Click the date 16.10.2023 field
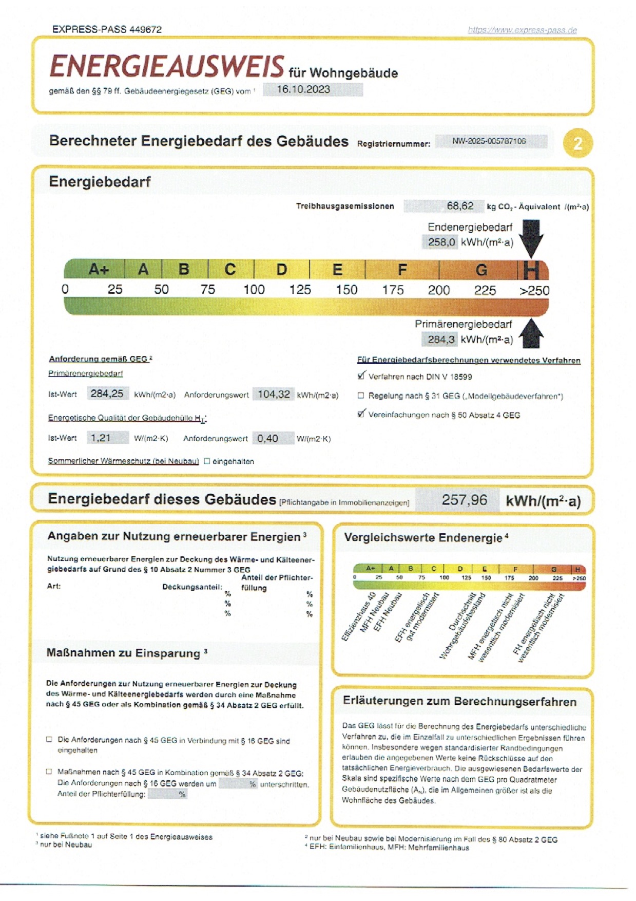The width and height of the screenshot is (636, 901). pyautogui.click(x=312, y=89)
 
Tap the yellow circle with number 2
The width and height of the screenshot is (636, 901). pyautogui.click(x=577, y=143)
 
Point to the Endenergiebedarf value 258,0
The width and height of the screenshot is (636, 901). pyautogui.click(x=440, y=242)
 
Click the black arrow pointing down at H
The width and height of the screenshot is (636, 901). pyautogui.click(x=532, y=237)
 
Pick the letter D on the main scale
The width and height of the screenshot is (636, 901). pyautogui.click(x=281, y=269)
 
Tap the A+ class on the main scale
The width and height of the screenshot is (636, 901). pyautogui.click(x=99, y=269)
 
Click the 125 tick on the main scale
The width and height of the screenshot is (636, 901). pyautogui.click(x=300, y=290)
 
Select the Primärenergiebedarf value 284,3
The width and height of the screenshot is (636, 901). pyautogui.click(x=440, y=340)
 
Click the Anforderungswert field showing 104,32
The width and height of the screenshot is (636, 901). pyautogui.click(x=274, y=395)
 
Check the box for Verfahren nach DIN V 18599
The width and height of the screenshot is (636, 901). pyautogui.click(x=361, y=376)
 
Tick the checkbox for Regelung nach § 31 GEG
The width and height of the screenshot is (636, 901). pyautogui.click(x=361, y=396)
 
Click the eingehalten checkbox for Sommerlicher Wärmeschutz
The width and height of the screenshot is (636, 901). pyautogui.click(x=207, y=461)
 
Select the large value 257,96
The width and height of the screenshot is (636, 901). pyautogui.click(x=464, y=500)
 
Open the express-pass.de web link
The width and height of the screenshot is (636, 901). pyautogui.click(x=522, y=30)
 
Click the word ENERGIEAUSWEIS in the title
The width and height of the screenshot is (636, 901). pyautogui.click(x=167, y=67)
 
